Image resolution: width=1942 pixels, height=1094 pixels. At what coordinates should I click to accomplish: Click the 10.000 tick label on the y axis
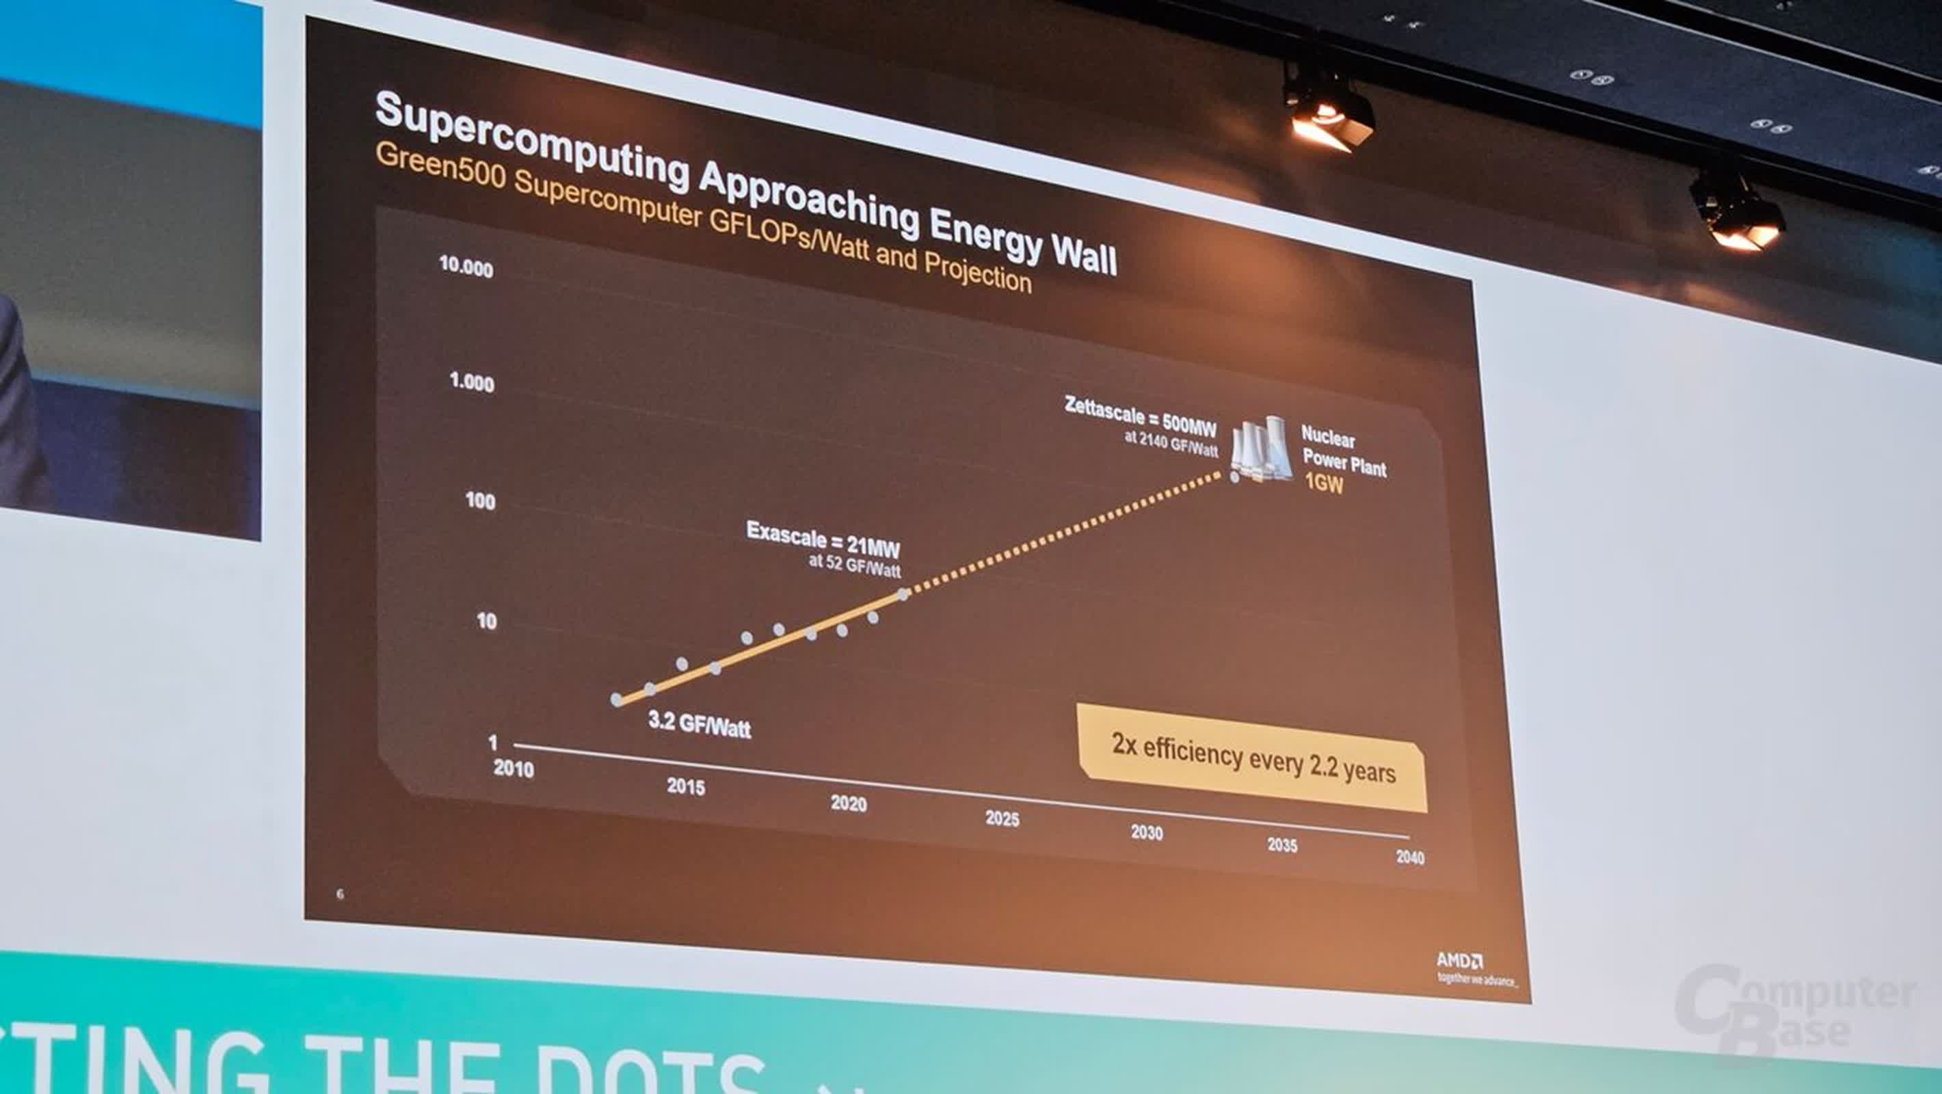[466, 267]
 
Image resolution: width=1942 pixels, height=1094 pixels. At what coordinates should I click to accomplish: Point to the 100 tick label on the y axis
[480, 501]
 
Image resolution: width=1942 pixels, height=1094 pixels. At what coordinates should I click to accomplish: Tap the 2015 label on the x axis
[686, 786]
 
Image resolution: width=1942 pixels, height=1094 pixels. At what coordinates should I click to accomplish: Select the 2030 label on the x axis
[1147, 832]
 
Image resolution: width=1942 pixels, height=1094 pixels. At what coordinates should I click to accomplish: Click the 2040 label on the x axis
[1410, 857]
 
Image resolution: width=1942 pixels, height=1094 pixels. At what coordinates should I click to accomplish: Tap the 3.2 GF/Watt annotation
[700, 724]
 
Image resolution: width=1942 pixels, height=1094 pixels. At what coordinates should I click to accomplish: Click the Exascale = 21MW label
[823, 538]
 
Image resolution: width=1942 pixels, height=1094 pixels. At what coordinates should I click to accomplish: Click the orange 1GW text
[1324, 483]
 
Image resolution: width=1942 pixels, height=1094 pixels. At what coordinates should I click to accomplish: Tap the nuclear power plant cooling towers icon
[1261, 449]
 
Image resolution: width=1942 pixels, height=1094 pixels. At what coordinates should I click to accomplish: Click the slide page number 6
[340, 894]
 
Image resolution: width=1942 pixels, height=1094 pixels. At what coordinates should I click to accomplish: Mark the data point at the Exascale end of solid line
[903, 594]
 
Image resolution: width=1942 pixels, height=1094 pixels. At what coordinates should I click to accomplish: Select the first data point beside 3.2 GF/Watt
[617, 699]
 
